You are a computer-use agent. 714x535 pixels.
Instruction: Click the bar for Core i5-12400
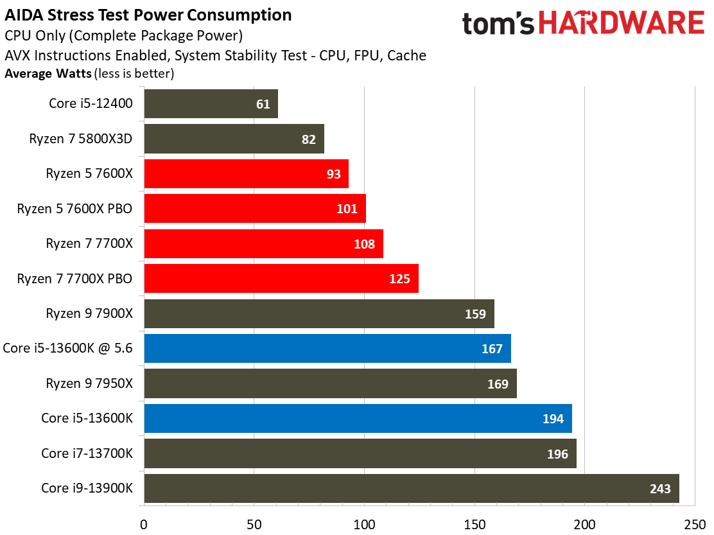coord(211,104)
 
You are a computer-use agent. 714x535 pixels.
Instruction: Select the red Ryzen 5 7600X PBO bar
coord(255,209)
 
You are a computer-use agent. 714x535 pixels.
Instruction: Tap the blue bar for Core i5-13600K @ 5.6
coord(327,348)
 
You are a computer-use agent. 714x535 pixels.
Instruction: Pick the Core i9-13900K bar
coord(412,488)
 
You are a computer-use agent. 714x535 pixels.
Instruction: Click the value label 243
coord(660,489)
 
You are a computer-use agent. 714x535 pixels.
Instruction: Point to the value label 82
coord(308,139)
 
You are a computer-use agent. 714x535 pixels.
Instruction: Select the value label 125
coord(399,279)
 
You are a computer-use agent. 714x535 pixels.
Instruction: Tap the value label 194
coord(553,419)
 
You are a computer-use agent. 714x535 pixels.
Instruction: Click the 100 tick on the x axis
coord(364,525)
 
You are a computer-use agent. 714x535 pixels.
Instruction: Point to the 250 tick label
coord(695,525)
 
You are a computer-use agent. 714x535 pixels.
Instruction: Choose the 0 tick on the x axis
coord(144,525)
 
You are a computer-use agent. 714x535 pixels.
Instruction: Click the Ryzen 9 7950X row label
coord(89,383)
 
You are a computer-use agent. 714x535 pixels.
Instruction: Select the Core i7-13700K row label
coord(87,453)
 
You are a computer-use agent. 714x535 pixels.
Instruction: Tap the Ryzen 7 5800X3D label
coord(81,139)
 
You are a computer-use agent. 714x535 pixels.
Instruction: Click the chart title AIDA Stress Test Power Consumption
coord(148,15)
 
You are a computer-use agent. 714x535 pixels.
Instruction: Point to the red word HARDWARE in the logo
coord(622,22)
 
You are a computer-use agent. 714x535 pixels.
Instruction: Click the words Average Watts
coord(48,73)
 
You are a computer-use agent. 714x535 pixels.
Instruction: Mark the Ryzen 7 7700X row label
coord(89,243)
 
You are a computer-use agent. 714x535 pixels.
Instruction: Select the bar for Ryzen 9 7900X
coord(319,313)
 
